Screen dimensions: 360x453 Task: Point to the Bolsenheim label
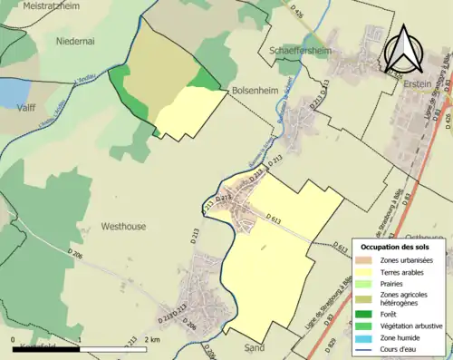pos(256,92)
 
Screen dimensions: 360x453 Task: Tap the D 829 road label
pos(331,345)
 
